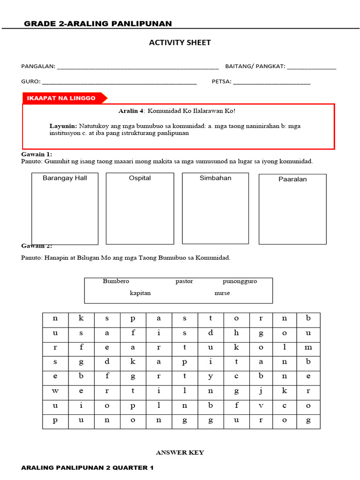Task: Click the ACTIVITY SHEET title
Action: coord(180,43)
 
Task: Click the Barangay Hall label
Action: coord(65,178)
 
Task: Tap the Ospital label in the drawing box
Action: coord(140,178)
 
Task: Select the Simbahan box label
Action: coord(215,178)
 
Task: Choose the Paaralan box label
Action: coord(292,179)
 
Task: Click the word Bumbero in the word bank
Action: coord(116,281)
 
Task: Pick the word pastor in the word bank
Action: coord(184,281)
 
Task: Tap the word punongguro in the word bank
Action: coord(240,281)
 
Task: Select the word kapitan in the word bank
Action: coord(140,293)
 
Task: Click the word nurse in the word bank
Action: coord(222,293)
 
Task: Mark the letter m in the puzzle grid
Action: coord(307,347)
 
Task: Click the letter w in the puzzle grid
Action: coord(55,390)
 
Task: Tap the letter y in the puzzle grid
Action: coord(210,376)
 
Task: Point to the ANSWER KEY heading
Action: coord(180,452)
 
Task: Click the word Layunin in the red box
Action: coord(63,126)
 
